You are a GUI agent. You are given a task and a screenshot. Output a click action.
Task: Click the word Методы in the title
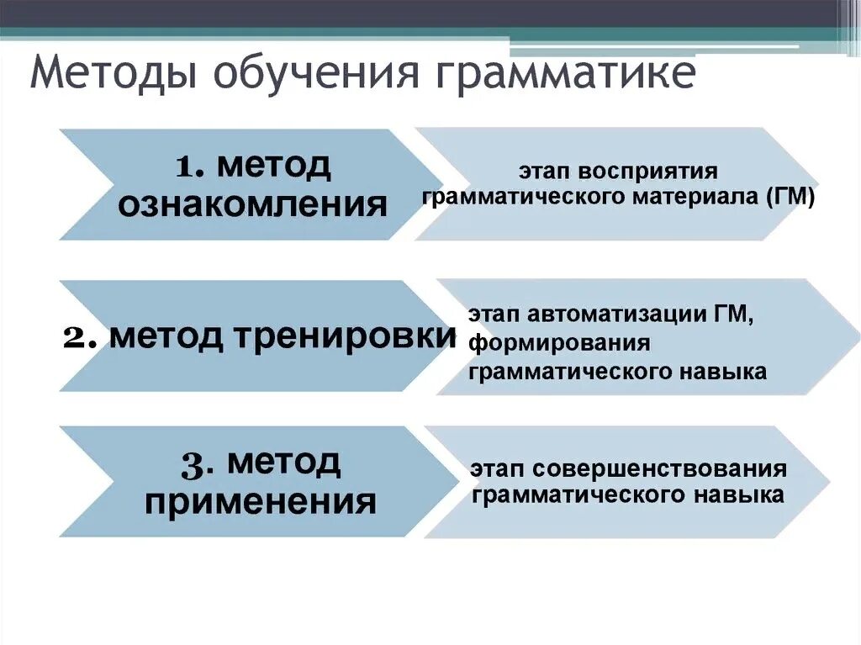[112, 74]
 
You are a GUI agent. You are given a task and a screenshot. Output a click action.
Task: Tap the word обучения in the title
[314, 74]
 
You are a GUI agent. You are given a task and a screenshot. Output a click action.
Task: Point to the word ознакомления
[252, 204]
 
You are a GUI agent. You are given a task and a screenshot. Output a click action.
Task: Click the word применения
[260, 502]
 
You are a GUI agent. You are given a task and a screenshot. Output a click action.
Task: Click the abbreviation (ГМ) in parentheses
[790, 198]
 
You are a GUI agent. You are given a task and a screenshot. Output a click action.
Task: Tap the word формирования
[560, 343]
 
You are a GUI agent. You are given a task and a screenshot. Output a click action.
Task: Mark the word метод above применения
[283, 462]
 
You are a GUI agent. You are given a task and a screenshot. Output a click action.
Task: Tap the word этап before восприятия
[542, 172]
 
